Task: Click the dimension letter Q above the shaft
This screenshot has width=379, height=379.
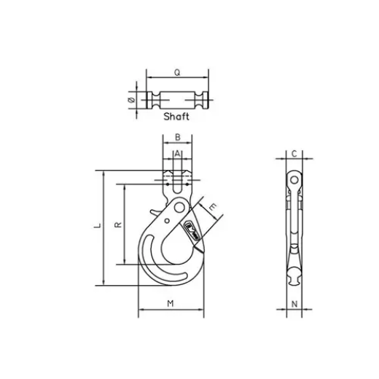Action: click(x=178, y=72)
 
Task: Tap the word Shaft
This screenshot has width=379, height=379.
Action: click(x=176, y=116)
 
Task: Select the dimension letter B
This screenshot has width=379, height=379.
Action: click(x=178, y=138)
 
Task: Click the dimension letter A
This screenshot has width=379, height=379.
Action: click(x=178, y=154)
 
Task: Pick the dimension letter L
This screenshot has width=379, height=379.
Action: click(x=98, y=227)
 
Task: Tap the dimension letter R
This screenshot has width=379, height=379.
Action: click(x=118, y=225)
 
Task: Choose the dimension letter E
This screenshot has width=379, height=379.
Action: click(x=212, y=208)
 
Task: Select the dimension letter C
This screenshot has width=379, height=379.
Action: click(x=293, y=154)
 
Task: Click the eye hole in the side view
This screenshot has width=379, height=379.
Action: click(x=293, y=179)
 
